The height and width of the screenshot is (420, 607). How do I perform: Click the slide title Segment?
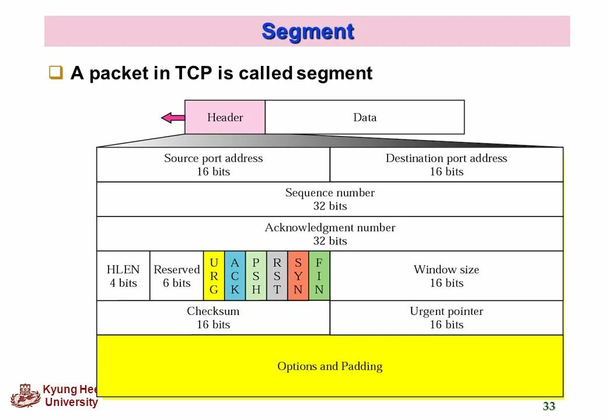[x=308, y=31]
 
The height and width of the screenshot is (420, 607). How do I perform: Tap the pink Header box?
[x=225, y=117]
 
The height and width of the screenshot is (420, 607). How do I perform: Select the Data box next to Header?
[x=365, y=117]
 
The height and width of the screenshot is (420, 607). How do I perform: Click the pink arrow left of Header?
[x=173, y=118]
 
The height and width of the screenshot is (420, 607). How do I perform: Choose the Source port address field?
[x=213, y=164]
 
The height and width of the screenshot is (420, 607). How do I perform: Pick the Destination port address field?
[x=446, y=164]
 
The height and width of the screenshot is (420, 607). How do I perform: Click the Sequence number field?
[x=330, y=199]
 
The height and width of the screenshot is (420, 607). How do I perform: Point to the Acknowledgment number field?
[x=330, y=234]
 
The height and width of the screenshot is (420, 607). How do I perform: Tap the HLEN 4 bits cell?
[x=123, y=276]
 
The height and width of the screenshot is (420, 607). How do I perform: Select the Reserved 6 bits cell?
[x=176, y=276]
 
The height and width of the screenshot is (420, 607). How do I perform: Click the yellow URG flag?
[x=214, y=276]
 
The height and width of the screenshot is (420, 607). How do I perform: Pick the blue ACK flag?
[x=235, y=276]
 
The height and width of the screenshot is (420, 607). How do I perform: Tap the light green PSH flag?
[x=256, y=276]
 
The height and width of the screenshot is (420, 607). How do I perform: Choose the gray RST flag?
[x=277, y=276]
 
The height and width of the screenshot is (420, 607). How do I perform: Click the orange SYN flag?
[x=298, y=276]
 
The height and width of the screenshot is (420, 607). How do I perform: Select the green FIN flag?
[x=319, y=276]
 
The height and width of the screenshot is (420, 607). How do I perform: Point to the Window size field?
[x=446, y=276]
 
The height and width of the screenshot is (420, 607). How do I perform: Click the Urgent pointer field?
[x=446, y=318]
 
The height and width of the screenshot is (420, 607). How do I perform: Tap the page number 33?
[x=549, y=407]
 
